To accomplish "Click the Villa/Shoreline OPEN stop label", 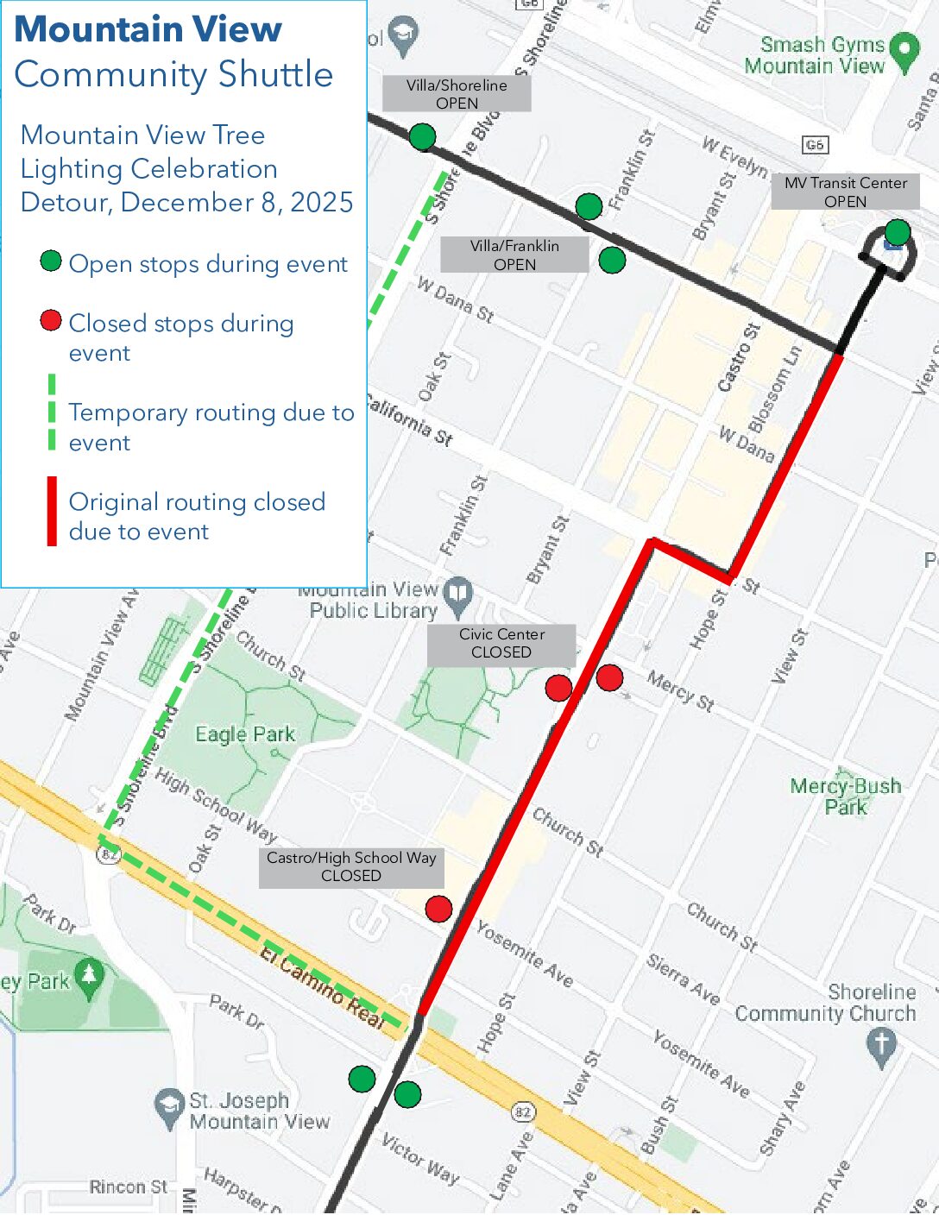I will pyautogui.click(x=457, y=93).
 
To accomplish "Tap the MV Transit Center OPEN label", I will pyautogui.click(x=845, y=192).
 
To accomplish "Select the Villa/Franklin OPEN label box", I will pyautogui.click(x=514, y=255).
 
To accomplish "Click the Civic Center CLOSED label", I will pyautogui.click(x=501, y=643).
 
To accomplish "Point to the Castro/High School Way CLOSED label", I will pyautogui.click(x=351, y=866).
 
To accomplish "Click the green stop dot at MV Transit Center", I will pyautogui.click(x=898, y=232).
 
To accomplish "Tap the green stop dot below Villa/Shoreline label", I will pyautogui.click(x=422, y=136).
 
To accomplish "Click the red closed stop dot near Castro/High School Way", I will pyautogui.click(x=438, y=909).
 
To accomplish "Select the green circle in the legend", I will pyautogui.click(x=51, y=261).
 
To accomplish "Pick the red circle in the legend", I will pyautogui.click(x=51, y=321).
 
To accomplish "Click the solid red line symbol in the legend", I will pyautogui.click(x=52, y=512).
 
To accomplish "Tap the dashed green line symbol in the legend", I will pyautogui.click(x=52, y=412).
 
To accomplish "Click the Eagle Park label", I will pyautogui.click(x=245, y=734).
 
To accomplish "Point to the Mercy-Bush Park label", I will pyautogui.click(x=846, y=796).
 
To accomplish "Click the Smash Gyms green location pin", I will pyautogui.click(x=904, y=51).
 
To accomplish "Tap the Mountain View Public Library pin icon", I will pyautogui.click(x=459, y=592).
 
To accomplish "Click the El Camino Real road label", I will pyautogui.click(x=322, y=985).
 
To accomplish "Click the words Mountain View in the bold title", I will pyautogui.click(x=148, y=29).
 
